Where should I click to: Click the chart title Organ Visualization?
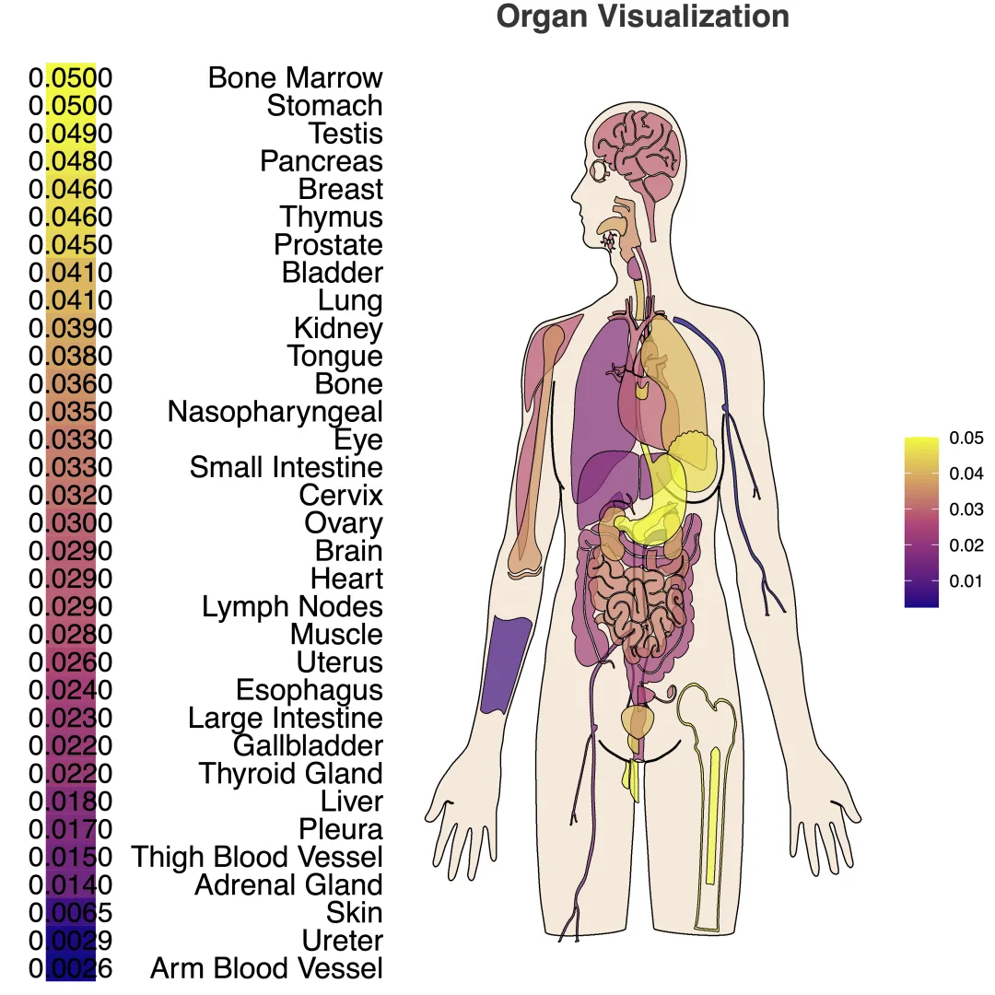[x=642, y=17]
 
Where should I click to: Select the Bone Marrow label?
[x=295, y=77]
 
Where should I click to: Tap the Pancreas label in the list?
[x=321, y=161]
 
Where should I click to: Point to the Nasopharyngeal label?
[x=275, y=412]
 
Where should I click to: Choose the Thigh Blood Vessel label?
[x=257, y=857]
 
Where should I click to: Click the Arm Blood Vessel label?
[x=266, y=968]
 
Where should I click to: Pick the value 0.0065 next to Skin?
[x=70, y=913]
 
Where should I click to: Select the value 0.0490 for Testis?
[x=70, y=134]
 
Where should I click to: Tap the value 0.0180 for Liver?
[x=70, y=802]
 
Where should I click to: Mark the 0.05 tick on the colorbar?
[x=966, y=439]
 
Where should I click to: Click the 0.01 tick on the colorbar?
[x=966, y=581]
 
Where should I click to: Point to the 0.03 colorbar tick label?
[x=966, y=509]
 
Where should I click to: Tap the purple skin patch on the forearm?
[x=506, y=663]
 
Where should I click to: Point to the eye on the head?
[x=601, y=170]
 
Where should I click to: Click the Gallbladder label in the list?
[x=308, y=745]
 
